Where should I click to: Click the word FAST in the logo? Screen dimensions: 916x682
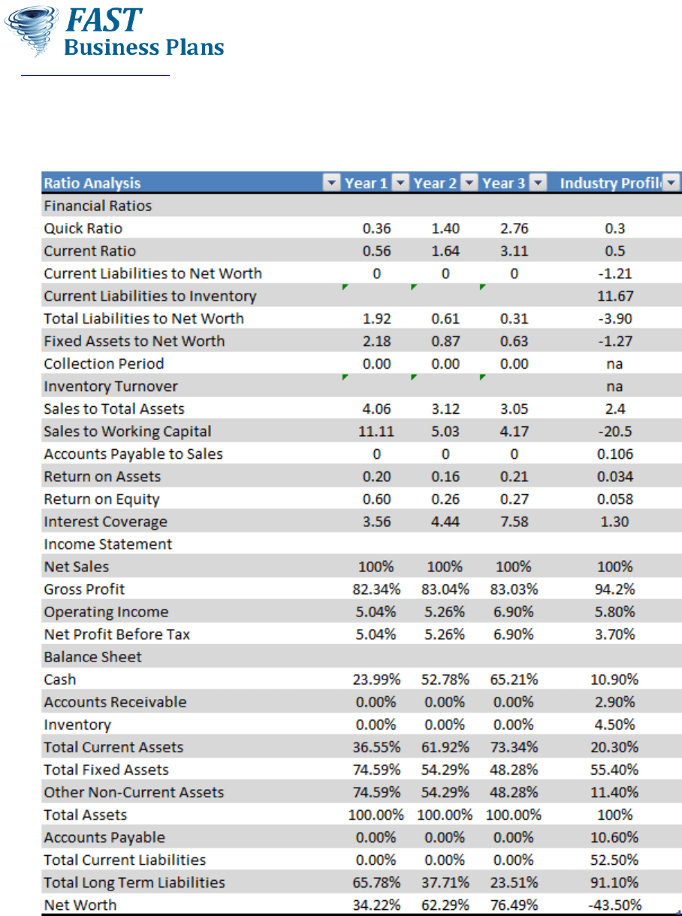(104, 20)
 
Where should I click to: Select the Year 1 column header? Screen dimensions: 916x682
(366, 183)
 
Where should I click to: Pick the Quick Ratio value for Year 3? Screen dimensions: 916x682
(514, 228)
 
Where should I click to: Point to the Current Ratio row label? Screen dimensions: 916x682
(90, 251)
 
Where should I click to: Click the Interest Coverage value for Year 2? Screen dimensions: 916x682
(445, 522)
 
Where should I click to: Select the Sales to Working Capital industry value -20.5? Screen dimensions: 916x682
(614, 432)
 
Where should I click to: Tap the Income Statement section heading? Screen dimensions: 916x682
(108, 544)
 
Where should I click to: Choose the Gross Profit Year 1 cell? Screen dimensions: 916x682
(376, 589)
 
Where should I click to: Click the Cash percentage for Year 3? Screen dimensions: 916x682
(514, 679)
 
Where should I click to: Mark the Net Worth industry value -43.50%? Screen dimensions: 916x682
(614, 905)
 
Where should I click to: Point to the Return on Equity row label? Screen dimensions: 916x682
(101, 499)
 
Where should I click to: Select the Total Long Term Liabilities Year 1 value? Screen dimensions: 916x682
(376, 882)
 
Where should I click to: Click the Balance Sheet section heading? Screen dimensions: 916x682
(93, 657)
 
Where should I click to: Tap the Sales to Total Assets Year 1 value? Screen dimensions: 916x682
(376, 409)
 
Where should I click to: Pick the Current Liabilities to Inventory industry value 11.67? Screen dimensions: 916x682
(614, 296)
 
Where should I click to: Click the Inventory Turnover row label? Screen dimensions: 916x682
(111, 387)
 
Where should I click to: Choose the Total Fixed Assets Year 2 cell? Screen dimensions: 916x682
(445, 770)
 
